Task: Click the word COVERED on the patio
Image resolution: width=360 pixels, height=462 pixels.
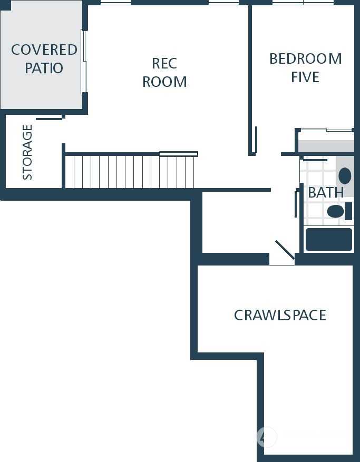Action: tap(44, 50)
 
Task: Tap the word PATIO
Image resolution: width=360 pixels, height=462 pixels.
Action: tap(44, 68)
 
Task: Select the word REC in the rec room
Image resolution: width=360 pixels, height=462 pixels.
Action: tap(164, 63)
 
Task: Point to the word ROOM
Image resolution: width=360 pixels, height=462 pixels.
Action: tap(164, 82)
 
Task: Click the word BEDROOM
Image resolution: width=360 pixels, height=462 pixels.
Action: tap(306, 58)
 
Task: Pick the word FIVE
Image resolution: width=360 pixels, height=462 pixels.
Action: tap(305, 77)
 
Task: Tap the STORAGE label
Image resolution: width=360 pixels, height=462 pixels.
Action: tap(27, 152)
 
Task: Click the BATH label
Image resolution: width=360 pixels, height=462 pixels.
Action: tap(326, 192)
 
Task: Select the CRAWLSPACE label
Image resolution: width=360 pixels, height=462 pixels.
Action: tap(280, 315)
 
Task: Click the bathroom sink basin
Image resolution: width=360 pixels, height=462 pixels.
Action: tap(345, 176)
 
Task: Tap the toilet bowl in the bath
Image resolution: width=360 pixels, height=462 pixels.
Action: tap(336, 211)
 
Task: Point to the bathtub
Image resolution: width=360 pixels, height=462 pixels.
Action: tap(329, 239)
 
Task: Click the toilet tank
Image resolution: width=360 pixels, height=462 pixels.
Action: tap(348, 211)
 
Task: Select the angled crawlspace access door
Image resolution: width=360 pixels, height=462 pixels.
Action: tap(285, 250)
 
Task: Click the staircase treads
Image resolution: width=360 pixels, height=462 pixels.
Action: tap(130, 172)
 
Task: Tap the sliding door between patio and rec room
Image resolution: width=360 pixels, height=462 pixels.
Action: tap(83, 62)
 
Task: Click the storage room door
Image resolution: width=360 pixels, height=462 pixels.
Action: tap(49, 119)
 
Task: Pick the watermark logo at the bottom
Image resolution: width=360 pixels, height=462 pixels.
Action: tap(267, 437)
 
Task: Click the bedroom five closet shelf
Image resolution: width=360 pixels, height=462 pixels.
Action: tap(326, 146)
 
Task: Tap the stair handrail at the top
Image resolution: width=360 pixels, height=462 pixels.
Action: tap(178, 154)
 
